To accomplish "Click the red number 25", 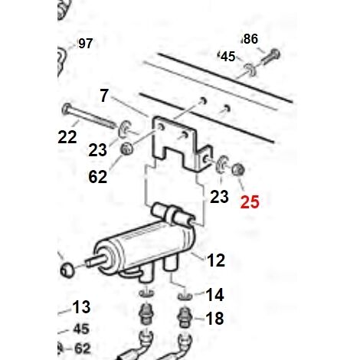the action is tap(250, 202).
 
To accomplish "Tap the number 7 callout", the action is tap(104, 96).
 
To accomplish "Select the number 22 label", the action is tap(67, 137).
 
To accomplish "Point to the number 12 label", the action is tap(216, 260).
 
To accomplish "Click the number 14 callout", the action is tap(214, 295).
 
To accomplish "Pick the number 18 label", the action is tap(214, 319).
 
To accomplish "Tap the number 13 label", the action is tap(81, 307).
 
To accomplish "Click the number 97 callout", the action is tap(85, 44).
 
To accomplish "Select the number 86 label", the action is tap(250, 39).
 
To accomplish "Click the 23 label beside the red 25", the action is tap(219, 197).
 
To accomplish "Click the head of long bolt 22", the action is tap(66, 109).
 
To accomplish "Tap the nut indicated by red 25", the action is tap(238, 169).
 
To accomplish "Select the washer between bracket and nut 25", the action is tap(221, 163).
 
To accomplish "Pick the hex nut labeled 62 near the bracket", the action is tap(126, 149).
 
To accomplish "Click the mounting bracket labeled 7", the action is tap(182, 143).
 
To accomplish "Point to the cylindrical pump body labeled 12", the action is tap(144, 245).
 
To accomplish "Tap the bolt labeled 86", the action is tap(271, 57).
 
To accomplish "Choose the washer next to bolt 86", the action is tap(250, 69).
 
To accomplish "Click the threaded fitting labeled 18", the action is tap(185, 317).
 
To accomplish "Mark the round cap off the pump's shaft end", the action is tap(67, 270).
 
